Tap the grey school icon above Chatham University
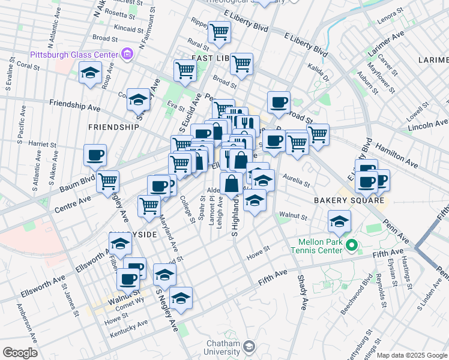point(249,347)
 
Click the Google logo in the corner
point(20,353)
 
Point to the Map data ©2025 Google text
point(412,355)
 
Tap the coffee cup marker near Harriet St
point(95,156)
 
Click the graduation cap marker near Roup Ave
point(90,74)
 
